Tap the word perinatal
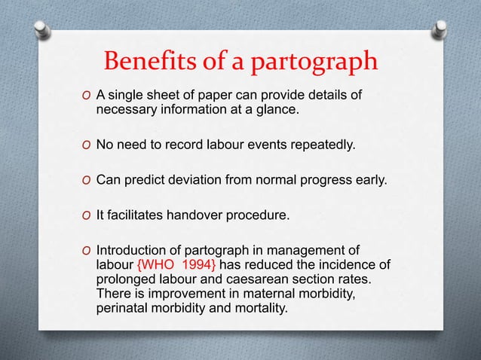tap(121, 308)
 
